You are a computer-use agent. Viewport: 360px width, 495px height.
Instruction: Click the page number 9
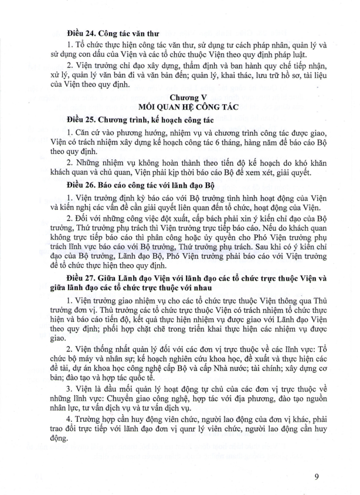tap(315, 476)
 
